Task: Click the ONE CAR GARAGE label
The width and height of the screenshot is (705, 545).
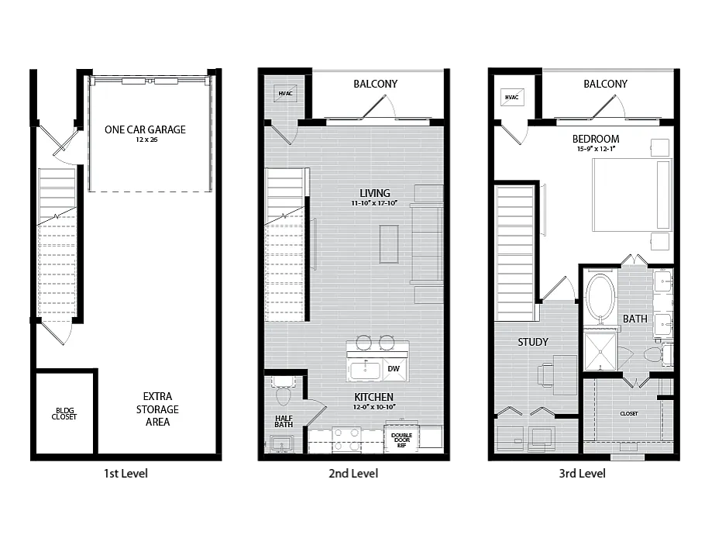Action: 145,129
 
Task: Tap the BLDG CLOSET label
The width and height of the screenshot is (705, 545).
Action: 64,413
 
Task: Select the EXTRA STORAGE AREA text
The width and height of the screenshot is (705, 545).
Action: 157,409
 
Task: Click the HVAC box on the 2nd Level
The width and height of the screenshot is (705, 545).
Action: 286,93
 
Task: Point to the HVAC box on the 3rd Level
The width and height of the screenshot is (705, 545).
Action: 512,97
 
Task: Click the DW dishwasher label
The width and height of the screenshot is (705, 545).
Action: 394,368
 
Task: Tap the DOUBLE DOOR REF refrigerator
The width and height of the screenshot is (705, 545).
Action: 401,438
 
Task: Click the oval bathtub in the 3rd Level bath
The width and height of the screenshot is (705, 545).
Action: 600,298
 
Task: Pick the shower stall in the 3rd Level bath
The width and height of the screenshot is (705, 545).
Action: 600,351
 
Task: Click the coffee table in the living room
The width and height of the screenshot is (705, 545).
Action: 389,244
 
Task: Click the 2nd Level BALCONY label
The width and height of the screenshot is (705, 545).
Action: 376,85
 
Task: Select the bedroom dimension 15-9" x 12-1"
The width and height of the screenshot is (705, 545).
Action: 596,149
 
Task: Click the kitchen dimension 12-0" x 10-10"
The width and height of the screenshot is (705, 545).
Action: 374,407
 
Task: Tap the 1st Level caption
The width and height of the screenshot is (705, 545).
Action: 126,474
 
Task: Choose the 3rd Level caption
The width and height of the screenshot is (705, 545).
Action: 583,474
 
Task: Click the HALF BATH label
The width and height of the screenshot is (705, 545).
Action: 284,421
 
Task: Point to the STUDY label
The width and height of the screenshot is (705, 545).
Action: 533,342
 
